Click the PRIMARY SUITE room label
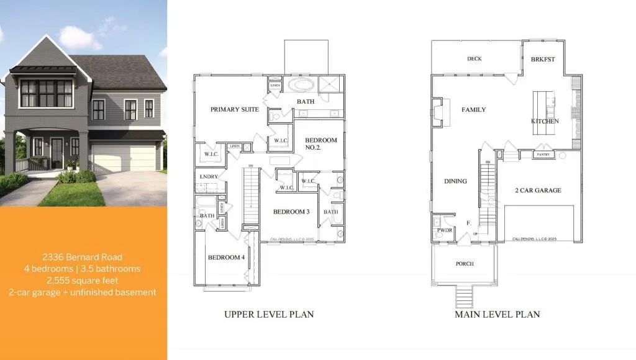click(x=234, y=109)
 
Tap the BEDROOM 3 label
click(x=291, y=212)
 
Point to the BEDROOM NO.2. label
click(x=321, y=144)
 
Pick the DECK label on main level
click(x=475, y=59)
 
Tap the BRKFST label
click(x=543, y=60)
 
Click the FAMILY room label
click(x=473, y=110)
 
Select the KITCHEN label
click(x=545, y=121)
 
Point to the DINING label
click(x=455, y=181)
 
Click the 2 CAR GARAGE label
click(x=538, y=190)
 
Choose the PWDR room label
click(x=444, y=229)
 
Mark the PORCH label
click(x=465, y=264)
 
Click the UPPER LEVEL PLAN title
click(x=268, y=314)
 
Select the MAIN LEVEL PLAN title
click(x=497, y=314)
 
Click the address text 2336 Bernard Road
click(x=83, y=257)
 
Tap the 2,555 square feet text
click(x=83, y=281)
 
